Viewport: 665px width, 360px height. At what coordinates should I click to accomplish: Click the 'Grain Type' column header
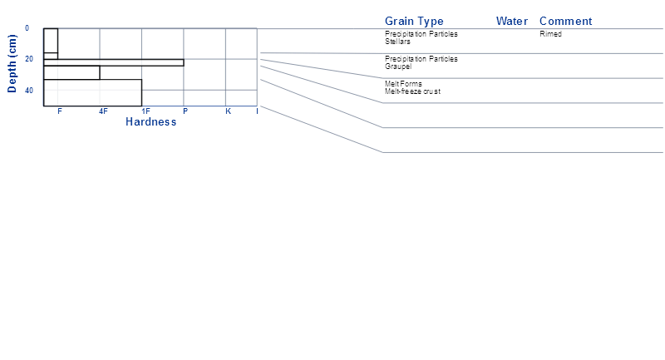pyautogui.click(x=414, y=22)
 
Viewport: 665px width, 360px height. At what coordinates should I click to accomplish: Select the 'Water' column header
pyautogui.click(x=512, y=22)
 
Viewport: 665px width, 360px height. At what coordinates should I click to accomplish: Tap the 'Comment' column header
pyautogui.click(x=565, y=22)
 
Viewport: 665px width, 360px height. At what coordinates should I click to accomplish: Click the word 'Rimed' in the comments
pyautogui.click(x=550, y=34)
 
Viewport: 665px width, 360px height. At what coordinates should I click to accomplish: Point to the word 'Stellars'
pyautogui.click(x=397, y=42)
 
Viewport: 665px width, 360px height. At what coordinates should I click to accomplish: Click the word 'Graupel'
pyautogui.click(x=398, y=67)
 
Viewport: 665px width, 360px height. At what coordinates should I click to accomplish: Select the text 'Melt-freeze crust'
pyautogui.click(x=412, y=91)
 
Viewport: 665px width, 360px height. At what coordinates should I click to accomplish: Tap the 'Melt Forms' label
pyautogui.click(x=403, y=83)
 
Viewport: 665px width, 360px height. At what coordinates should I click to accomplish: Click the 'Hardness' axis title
pyautogui.click(x=151, y=122)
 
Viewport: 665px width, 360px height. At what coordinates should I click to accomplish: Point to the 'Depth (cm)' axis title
pyautogui.click(x=12, y=64)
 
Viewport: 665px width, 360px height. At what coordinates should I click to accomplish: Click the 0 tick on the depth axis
pyautogui.click(x=27, y=28)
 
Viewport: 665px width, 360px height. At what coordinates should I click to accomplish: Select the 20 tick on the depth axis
pyautogui.click(x=29, y=59)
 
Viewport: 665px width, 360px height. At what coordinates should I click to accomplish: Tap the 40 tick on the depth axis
pyautogui.click(x=29, y=91)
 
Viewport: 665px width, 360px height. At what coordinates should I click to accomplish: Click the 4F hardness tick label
pyautogui.click(x=103, y=111)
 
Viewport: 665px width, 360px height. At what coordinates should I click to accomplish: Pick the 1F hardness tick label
pyautogui.click(x=145, y=111)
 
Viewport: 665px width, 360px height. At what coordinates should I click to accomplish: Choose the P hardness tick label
pyautogui.click(x=185, y=111)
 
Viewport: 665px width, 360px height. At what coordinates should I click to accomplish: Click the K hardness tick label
pyautogui.click(x=228, y=111)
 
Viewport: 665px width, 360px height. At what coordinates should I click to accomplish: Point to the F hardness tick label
pyautogui.click(x=60, y=111)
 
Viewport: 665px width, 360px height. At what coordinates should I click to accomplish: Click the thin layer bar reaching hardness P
pyautogui.click(x=114, y=62)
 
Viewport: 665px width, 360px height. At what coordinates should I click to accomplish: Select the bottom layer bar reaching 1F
pyautogui.click(x=92, y=92)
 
